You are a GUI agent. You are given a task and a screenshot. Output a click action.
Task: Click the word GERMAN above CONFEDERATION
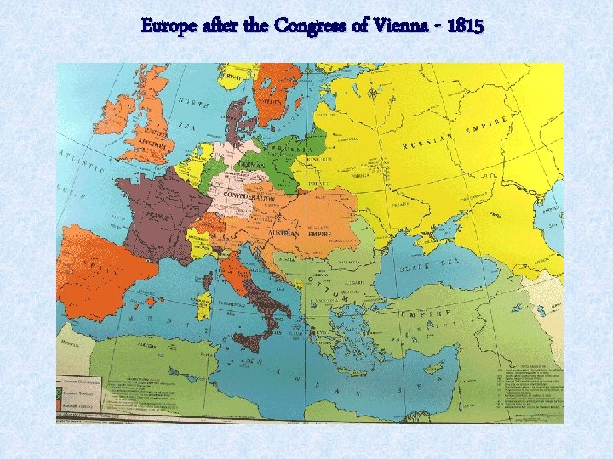[x=252, y=164]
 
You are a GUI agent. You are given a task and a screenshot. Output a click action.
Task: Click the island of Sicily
[x=248, y=341]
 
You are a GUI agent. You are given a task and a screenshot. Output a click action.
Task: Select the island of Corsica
[x=208, y=278]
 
